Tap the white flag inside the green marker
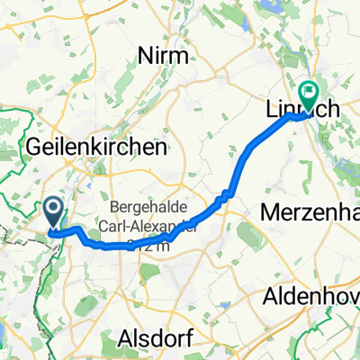pyautogui.click(x=309, y=91)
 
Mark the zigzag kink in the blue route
pyautogui.click(x=228, y=193)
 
